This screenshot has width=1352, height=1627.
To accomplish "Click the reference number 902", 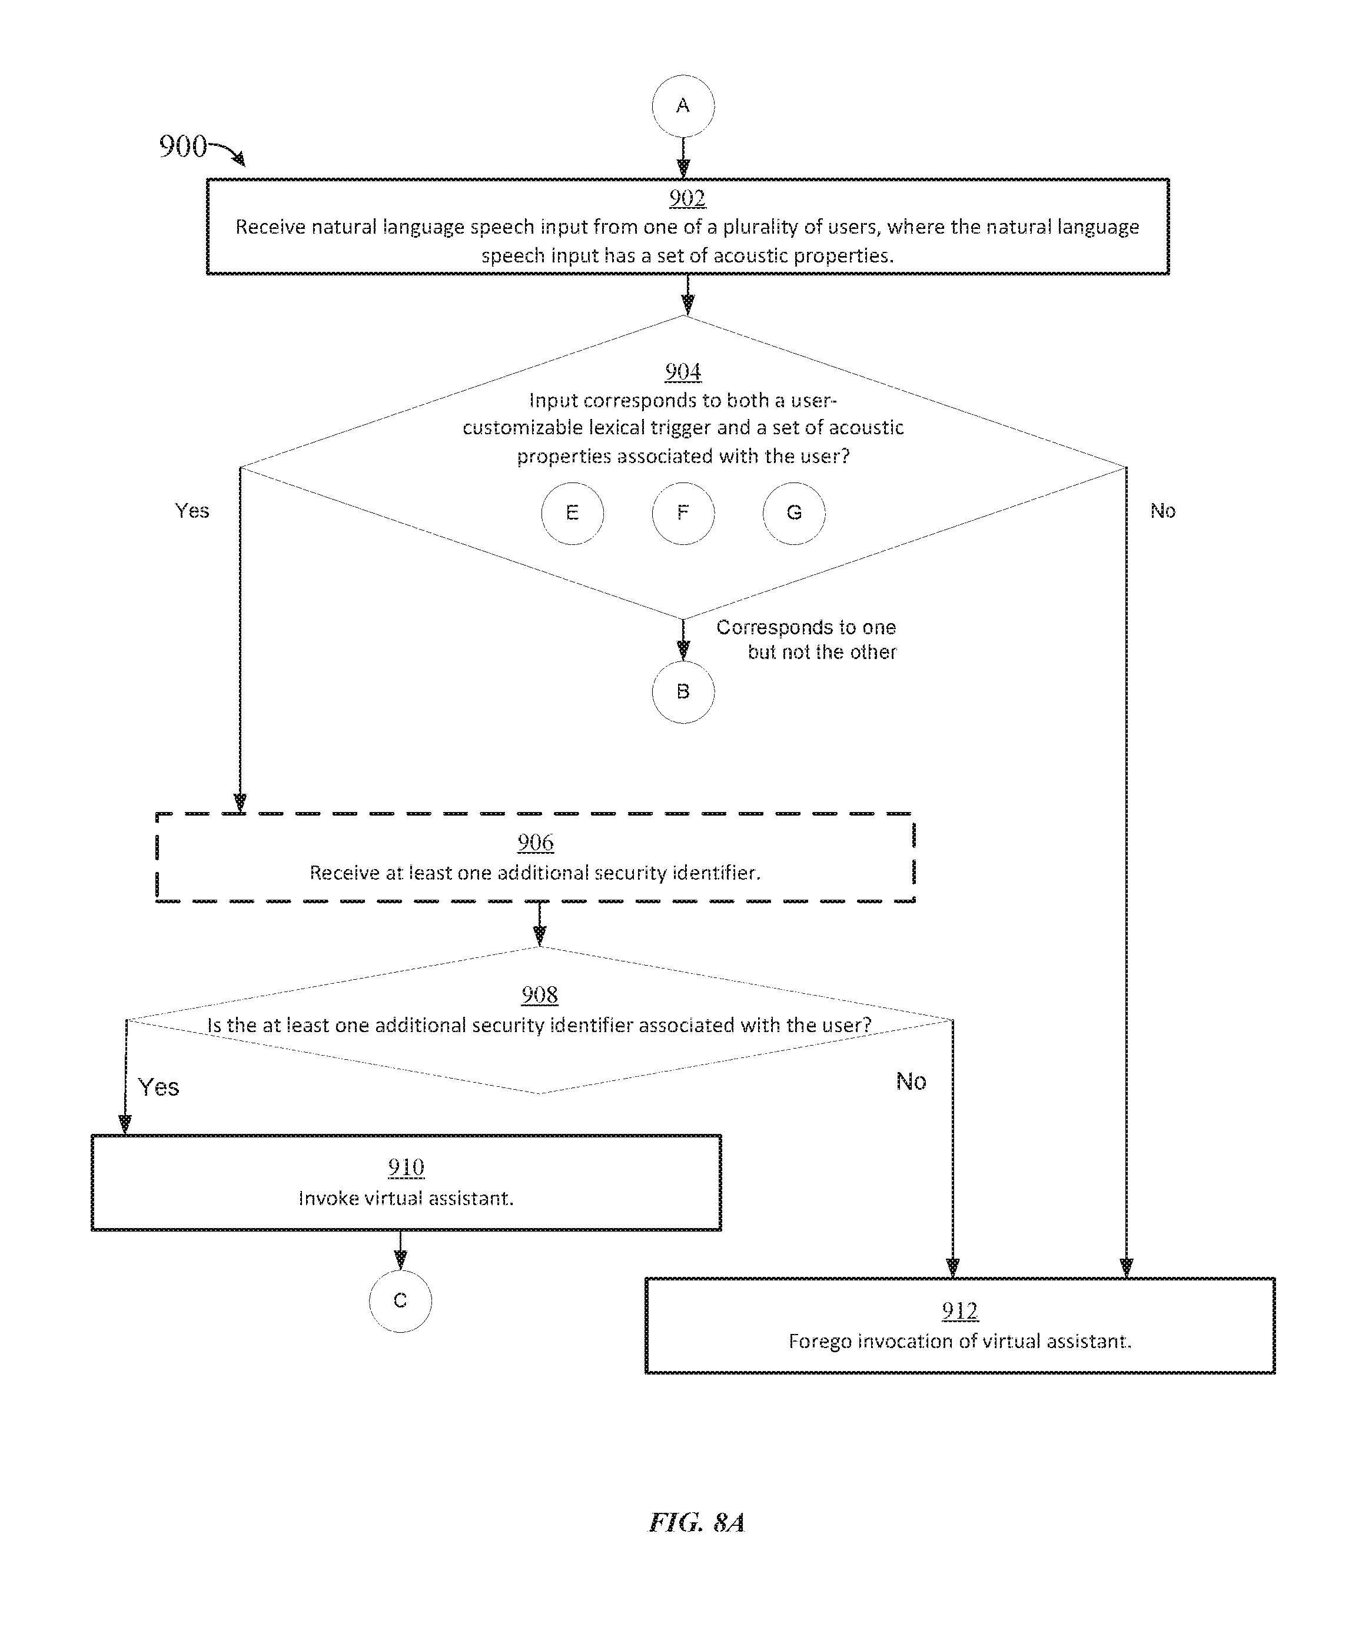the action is coord(687,198).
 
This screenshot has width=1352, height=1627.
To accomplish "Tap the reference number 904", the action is coord(683,372).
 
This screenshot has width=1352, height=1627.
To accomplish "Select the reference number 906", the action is coord(536,843).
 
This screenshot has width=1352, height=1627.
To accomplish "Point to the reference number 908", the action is coord(539,995).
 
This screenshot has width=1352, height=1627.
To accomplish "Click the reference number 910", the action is coord(406,1167).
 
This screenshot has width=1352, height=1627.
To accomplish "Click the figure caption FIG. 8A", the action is coord(696,1522).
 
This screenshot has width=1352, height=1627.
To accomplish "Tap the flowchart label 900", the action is coord(183,146).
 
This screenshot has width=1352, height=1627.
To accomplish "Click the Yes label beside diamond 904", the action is coord(192,511).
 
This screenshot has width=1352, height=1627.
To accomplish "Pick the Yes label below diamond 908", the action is coord(159,1087).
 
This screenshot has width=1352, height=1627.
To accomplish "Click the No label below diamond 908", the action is coord(911,1081).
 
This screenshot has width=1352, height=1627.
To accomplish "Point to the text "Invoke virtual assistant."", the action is coord(406,1199).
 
